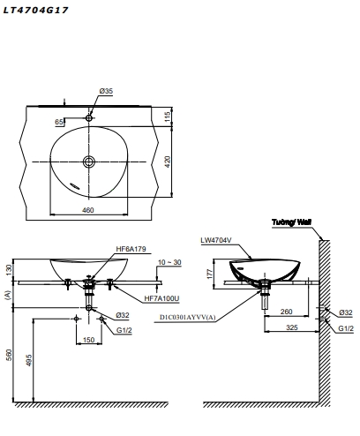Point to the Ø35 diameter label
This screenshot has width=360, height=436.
click(x=106, y=92)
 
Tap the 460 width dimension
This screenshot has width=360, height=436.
click(x=88, y=209)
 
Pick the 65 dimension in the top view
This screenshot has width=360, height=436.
click(x=59, y=123)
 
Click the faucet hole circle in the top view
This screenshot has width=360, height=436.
click(x=89, y=117)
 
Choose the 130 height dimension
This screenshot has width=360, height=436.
click(x=11, y=267)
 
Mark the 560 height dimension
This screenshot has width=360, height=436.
click(x=11, y=354)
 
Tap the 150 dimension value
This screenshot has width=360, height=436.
click(x=88, y=339)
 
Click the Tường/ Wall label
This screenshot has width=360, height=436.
click(x=292, y=222)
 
